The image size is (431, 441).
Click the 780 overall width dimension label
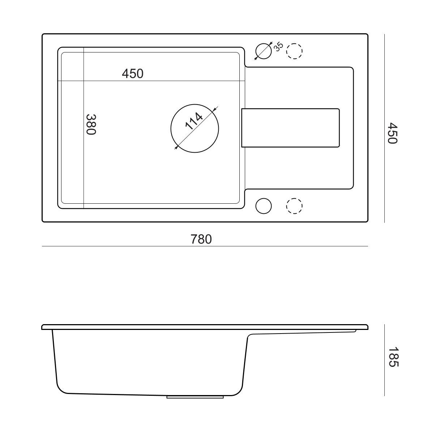coord(201,239)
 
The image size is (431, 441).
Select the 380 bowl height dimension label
coord(91,124)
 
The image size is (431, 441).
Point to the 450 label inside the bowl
coord(132,73)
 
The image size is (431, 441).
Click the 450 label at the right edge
coord(393,133)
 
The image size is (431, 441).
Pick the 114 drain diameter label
coord(194,121)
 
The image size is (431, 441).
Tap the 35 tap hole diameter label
coord(278,47)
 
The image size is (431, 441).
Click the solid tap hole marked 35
coord(263,51)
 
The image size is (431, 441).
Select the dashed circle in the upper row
coord(294,51)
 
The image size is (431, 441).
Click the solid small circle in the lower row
coord(263,206)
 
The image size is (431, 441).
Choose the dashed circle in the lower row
coord(294,206)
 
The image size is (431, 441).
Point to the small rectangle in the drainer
coord(290,128)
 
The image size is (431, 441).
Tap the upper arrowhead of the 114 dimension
coord(214,110)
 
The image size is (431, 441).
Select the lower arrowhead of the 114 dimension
coord(176,148)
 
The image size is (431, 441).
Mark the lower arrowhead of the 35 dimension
coord(256,58)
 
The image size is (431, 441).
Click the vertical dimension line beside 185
coord(384,360)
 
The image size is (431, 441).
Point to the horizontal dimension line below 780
coord(205,246)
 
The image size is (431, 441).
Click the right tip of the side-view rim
coord(368,328)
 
